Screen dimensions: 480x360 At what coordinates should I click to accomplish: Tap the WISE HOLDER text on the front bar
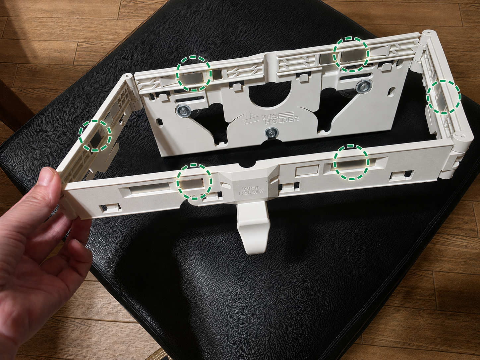click(251, 190)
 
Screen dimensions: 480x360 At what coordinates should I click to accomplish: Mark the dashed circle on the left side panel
click(95, 136)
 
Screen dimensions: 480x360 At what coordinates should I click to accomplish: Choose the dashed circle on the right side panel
click(443, 97)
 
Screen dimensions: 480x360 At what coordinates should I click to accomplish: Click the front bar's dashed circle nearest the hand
click(195, 181)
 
